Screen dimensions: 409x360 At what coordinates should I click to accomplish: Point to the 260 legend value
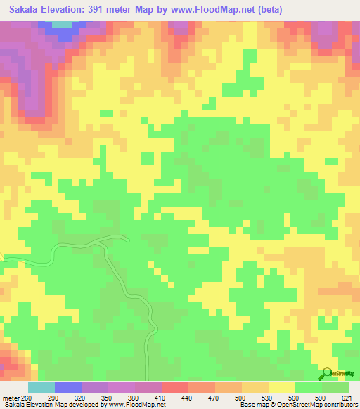pos(22,398)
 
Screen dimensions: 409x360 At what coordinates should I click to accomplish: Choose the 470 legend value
pos(215,398)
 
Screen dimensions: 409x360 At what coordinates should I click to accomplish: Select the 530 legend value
pos(269,398)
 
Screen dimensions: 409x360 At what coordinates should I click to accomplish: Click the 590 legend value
pos(322,398)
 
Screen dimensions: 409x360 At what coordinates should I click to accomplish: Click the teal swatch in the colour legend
pos(41,387)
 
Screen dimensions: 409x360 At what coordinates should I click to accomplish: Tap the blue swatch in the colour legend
pos(68,387)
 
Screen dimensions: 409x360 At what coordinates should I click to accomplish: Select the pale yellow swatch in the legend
pos(282,387)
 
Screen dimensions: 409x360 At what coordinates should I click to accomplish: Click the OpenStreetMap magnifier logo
pos(326,374)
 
